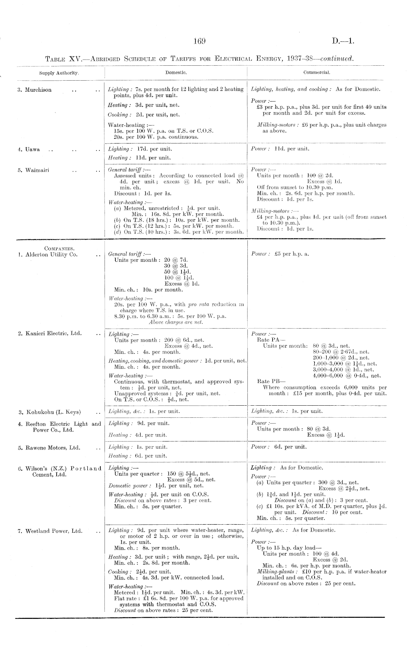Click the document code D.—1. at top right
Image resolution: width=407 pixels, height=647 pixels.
(343, 41)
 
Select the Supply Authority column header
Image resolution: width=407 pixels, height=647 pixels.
(59, 73)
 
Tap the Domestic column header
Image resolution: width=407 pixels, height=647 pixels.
(176, 73)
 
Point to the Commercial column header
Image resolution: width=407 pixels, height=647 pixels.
(316, 73)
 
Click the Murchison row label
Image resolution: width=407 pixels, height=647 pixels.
(38, 90)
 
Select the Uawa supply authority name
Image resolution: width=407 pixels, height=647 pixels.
(33, 149)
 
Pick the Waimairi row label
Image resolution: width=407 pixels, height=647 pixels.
(37, 170)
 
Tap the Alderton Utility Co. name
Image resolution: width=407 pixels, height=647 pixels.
(52, 254)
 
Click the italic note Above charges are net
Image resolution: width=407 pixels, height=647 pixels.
(176, 322)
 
